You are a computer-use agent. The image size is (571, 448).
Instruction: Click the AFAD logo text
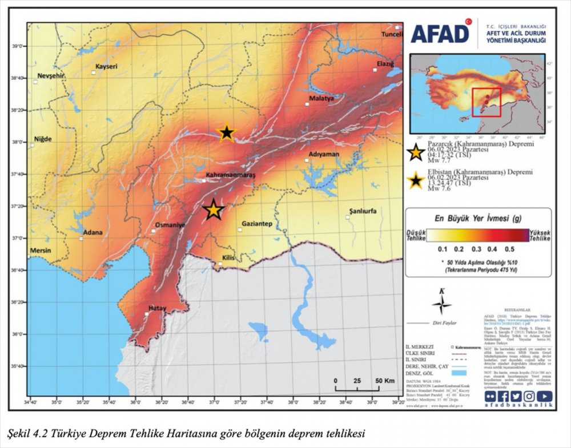440,34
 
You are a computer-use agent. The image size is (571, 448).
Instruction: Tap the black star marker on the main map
227,132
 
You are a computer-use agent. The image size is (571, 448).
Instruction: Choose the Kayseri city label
106,66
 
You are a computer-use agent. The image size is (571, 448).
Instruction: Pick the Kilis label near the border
228,258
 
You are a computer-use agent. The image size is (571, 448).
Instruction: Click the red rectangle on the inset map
486,102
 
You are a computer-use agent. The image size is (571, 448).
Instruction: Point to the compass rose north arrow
441,302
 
